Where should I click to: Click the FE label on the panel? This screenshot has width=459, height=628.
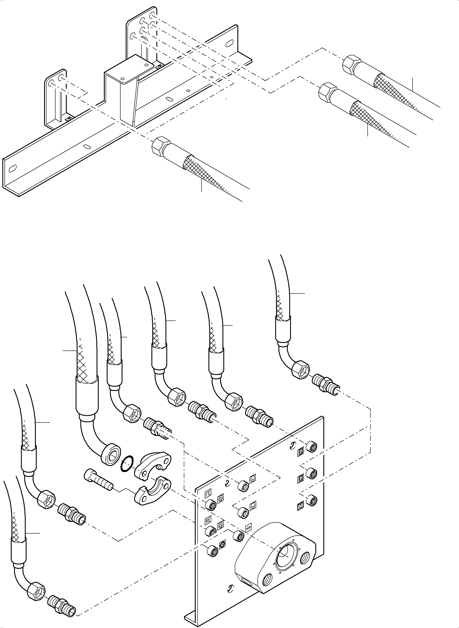tap(208, 494)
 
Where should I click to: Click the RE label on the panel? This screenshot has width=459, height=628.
tap(208, 520)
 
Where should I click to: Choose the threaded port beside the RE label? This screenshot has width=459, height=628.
tap(211, 531)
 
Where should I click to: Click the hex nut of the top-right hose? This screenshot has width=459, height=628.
tap(352, 65)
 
